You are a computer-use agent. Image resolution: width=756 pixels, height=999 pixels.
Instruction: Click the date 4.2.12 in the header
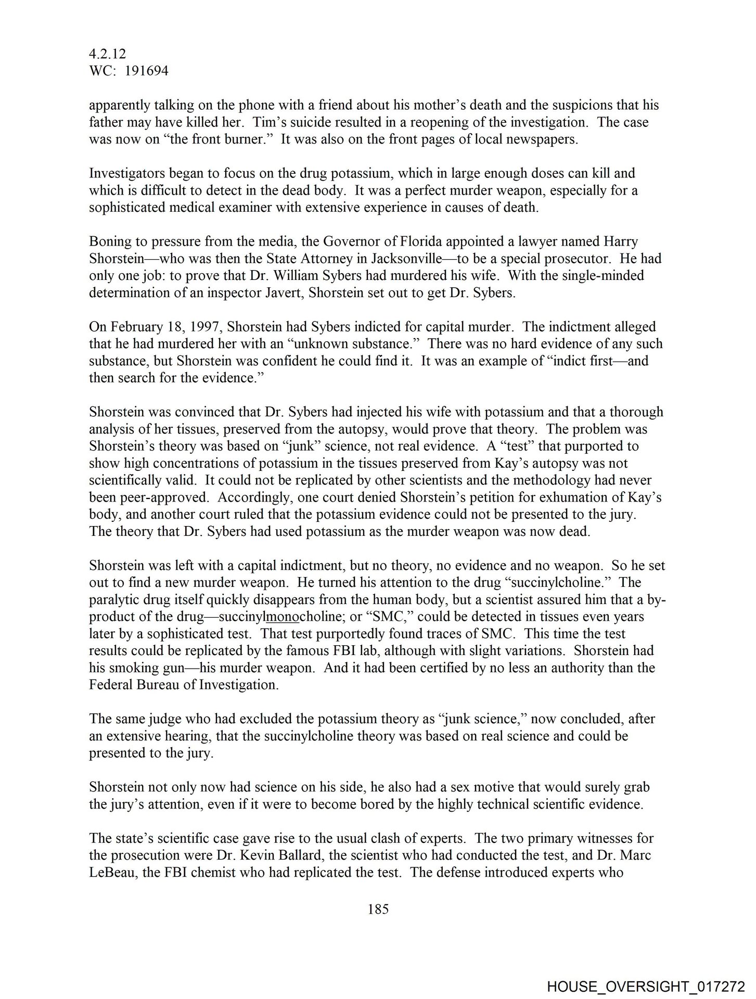pyautogui.click(x=108, y=54)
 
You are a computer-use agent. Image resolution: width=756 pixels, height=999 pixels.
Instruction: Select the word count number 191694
pyautogui.click(x=147, y=71)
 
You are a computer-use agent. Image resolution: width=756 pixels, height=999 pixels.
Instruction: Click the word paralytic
pyautogui.click(x=114, y=599)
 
